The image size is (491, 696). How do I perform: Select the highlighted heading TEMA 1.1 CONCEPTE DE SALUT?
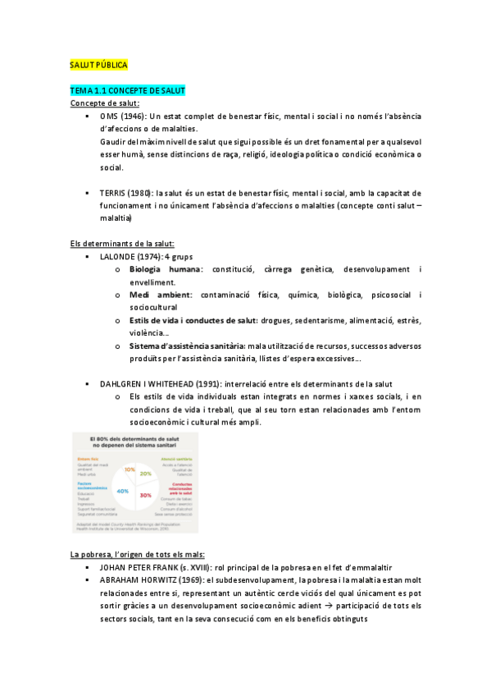click(x=127, y=89)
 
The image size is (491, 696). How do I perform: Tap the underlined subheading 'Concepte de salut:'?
click(x=104, y=103)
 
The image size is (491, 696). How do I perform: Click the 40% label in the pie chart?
click(x=124, y=490)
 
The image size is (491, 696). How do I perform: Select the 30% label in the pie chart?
click(x=146, y=496)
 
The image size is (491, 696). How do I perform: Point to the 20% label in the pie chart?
click(x=146, y=474)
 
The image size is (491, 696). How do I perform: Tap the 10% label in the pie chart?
click(x=129, y=469)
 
